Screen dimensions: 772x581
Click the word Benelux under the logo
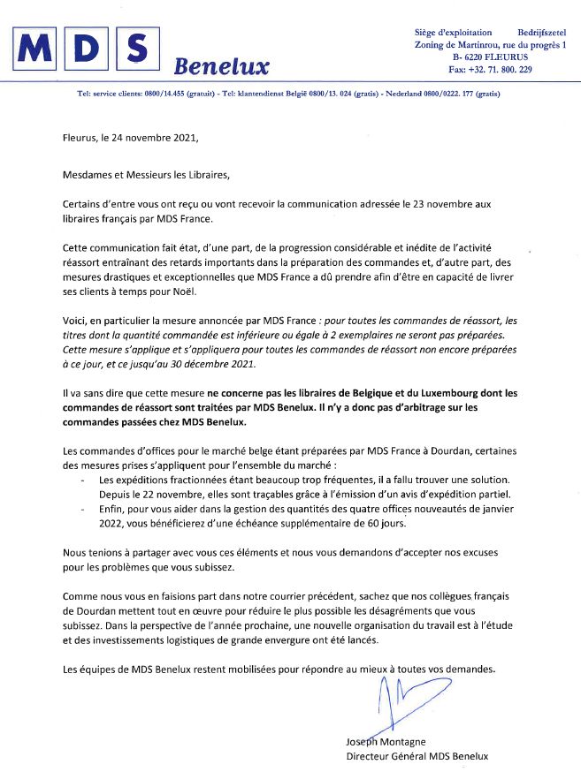[x=222, y=66]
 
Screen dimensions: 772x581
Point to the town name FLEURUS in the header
[x=500, y=57]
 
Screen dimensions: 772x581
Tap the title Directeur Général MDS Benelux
[x=417, y=756]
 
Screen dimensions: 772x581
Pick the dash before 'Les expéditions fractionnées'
[x=81, y=478]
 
